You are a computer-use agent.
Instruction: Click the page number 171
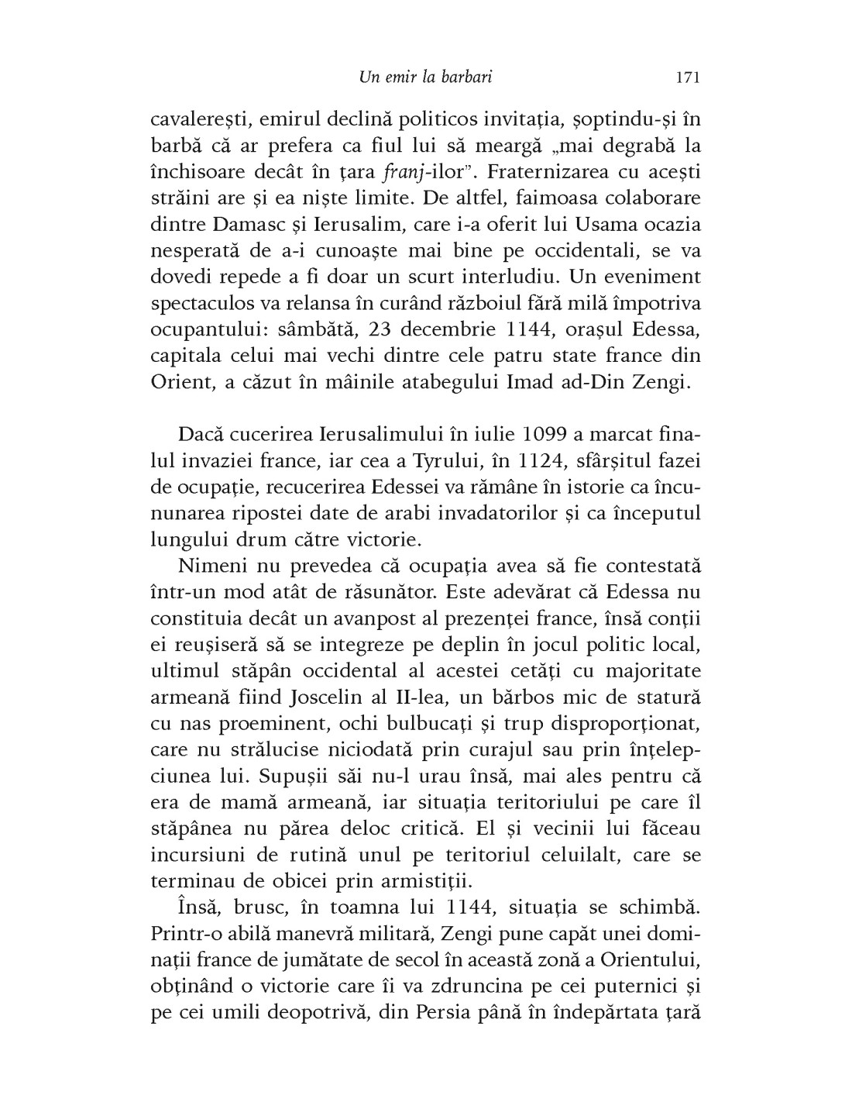[687, 77]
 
